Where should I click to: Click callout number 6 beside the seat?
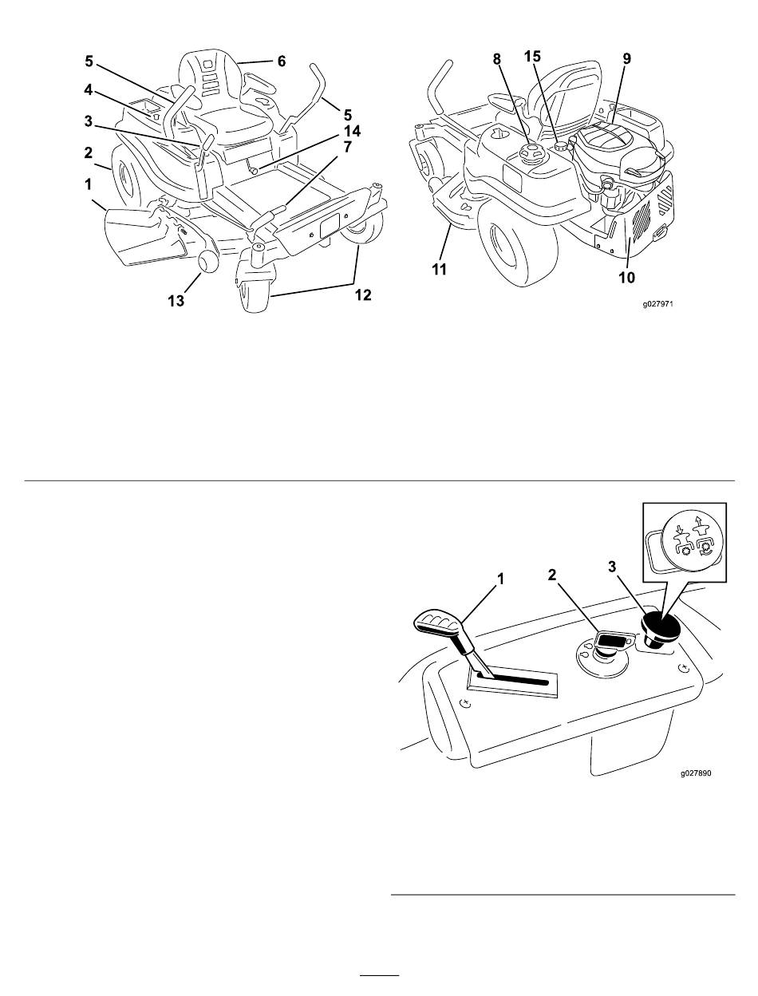281,61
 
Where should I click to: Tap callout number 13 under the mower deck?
176,300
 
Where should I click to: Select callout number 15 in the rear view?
532,57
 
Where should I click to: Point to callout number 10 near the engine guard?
627,277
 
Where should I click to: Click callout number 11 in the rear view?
439,270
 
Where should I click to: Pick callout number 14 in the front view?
352,131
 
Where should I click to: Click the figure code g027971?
657,303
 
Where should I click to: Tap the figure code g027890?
696,773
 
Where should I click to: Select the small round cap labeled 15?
562,146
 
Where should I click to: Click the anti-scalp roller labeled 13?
207,262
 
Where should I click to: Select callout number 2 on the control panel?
551,575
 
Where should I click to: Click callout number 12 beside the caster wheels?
363,295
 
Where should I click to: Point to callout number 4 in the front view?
88,90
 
